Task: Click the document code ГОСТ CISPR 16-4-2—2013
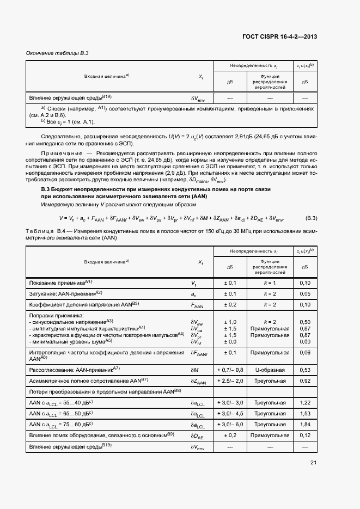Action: pyautogui.click(x=280, y=36)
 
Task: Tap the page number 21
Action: pyautogui.click(x=313, y=463)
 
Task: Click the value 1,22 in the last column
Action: pyautogui.click(x=305, y=402)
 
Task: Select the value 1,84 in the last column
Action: pyautogui.click(x=305, y=424)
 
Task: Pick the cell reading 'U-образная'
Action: pyautogui.click(x=270, y=370)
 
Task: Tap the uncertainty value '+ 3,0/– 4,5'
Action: pyautogui.click(x=230, y=413)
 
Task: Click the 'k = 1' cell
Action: pyautogui.click(x=270, y=283)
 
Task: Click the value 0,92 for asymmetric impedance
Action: pyautogui.click(x=305, y=381)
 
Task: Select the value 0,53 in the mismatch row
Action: pyautogui.click(x=305, y=370)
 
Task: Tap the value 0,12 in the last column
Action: pyautogui.click(x=305, y=435)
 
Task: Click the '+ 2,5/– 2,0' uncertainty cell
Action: pyautogui.click(x=230, y=381)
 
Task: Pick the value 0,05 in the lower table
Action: pyautogui.click(x=305, y=293)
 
